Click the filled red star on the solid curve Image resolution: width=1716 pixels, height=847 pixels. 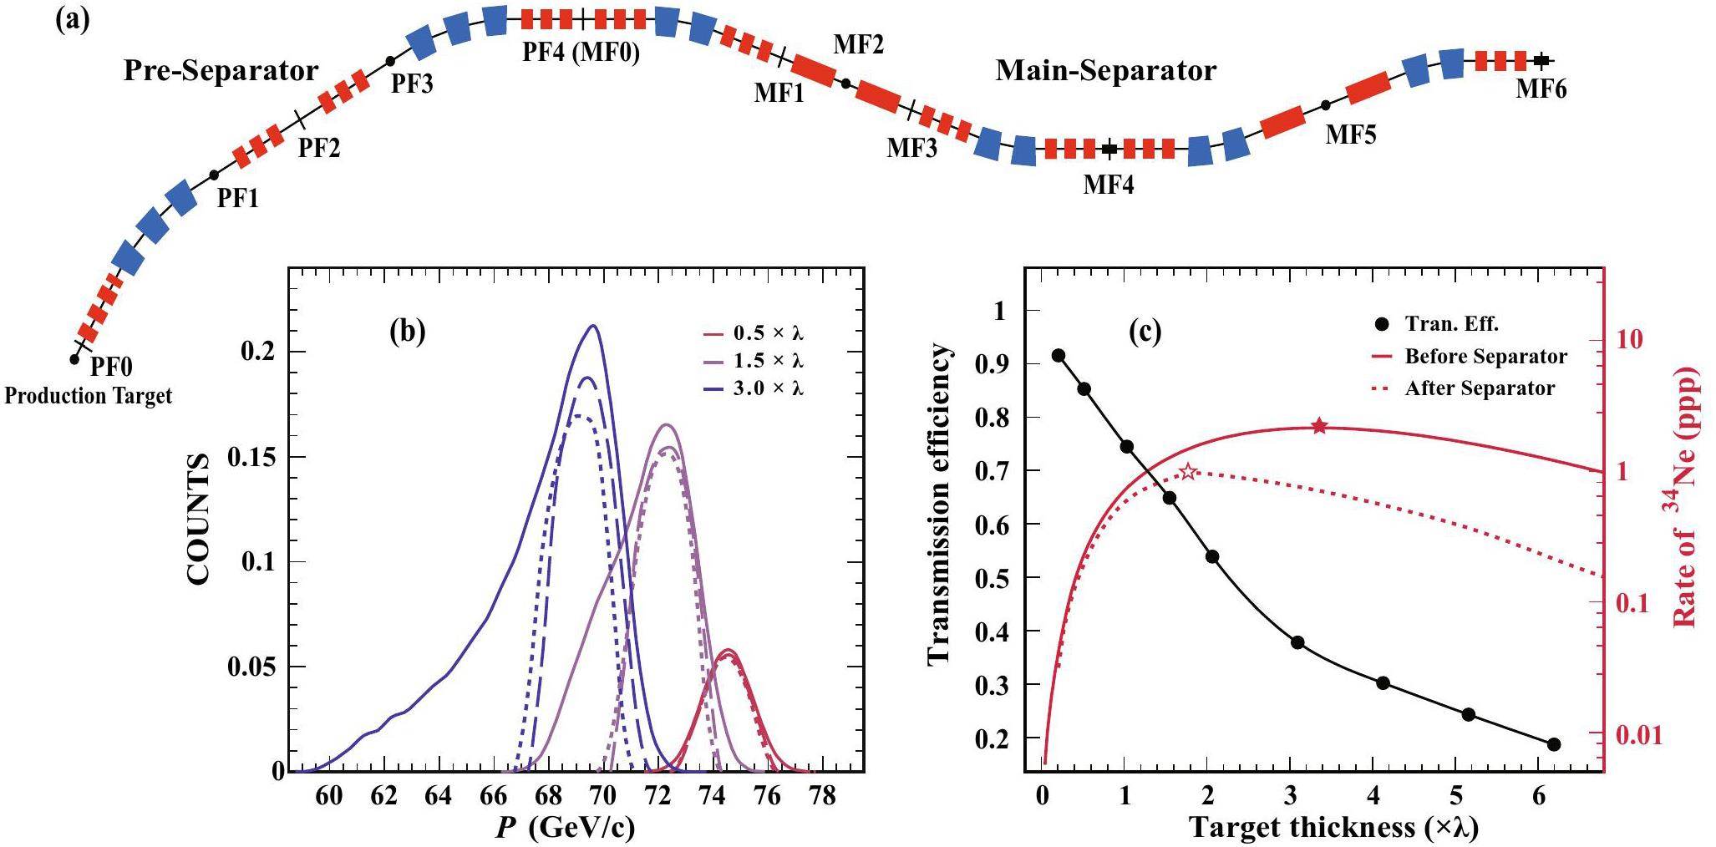1319,426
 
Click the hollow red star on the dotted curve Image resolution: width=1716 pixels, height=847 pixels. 1188,472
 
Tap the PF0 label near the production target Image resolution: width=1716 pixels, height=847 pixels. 111,366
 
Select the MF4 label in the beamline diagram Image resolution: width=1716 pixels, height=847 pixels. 1109,184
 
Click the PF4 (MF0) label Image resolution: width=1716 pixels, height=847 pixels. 581,54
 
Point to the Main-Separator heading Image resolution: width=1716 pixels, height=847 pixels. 1105,71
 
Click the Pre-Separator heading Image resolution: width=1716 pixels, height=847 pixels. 221,71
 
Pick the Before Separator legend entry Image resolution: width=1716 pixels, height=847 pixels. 1485,357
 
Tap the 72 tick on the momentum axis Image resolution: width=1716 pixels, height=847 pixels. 658,797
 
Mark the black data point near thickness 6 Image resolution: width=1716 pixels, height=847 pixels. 1553,744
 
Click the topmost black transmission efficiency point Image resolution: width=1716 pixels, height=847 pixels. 1059,355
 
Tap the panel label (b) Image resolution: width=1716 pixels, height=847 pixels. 408,332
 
